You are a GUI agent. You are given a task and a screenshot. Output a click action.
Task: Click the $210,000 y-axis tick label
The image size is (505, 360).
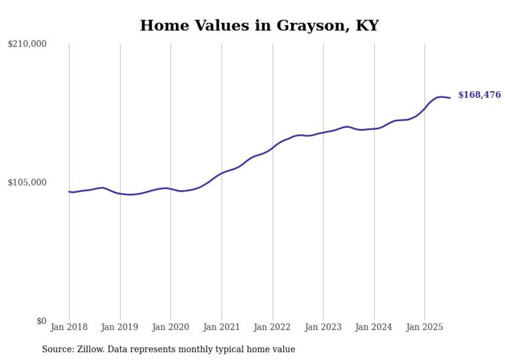(27, 44)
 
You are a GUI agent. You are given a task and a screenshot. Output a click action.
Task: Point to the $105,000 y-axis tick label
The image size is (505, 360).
(27, 182)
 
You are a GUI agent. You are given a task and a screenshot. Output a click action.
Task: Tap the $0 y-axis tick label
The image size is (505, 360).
(41, 321)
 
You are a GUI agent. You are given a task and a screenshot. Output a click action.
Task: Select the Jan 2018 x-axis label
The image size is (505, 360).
(69, 327)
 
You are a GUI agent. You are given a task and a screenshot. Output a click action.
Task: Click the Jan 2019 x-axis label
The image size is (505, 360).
(120, 327)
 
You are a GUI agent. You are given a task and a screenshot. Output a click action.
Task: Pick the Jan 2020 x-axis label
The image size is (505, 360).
(171, 327)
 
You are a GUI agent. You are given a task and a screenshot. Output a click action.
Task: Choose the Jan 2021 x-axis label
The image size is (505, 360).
(222, 327)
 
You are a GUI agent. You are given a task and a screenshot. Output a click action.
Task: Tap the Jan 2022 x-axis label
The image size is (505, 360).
(272, 327)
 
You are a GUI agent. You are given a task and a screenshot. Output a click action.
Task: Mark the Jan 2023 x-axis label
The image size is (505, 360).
(323, 327)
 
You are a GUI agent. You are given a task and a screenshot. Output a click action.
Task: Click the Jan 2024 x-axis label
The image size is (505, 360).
(374, 327)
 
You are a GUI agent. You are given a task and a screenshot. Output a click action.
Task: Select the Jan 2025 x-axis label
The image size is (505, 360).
(425, 327)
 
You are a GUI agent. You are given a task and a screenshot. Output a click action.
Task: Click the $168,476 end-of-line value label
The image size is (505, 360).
(479, 95)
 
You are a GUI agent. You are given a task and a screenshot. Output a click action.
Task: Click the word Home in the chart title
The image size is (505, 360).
(160, 25)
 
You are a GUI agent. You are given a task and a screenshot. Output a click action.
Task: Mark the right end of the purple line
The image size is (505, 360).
(450, 98)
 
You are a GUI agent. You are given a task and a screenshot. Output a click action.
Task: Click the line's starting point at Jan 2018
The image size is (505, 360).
(69, 192)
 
